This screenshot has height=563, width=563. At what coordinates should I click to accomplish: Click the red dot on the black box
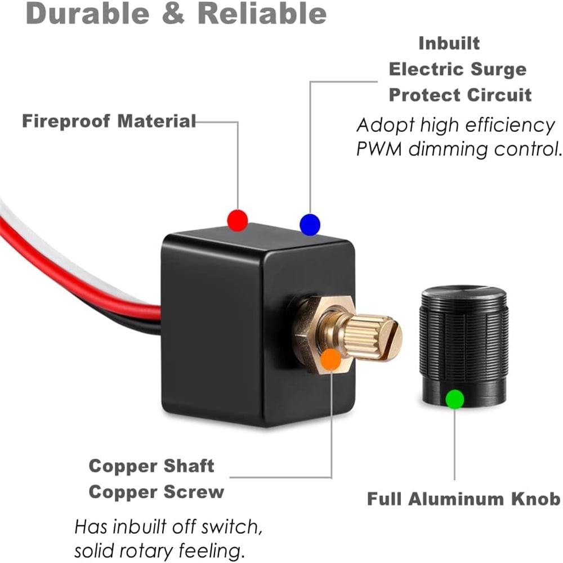pyautogui.click(x=238, y=220)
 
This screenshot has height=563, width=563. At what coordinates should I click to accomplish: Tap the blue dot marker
pyautogui.click(x=310, y=224)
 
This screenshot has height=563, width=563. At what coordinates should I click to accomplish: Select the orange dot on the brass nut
pyautogui.click(x=331, y=359)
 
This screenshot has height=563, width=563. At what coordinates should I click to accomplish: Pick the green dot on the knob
pyautogui.click(x=454, y=399)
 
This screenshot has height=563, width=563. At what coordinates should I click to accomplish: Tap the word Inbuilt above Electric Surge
pyautogui.click(x=449, y=43)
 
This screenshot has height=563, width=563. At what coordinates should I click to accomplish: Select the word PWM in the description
pyautogui.click(x=380, y=149)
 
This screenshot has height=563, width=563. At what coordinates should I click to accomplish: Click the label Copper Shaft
pyautogui.click(x=151, y=466)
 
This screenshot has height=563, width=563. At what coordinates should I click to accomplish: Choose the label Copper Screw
pyautogui.click(x=156, y=492)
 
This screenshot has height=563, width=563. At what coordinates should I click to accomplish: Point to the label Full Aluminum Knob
pyautogui.click(x=463, y=499)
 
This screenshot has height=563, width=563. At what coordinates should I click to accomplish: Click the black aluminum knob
pyautogui.click(x=464, y=338)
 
